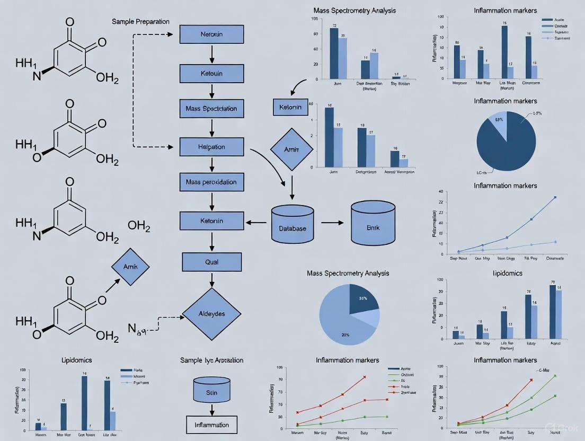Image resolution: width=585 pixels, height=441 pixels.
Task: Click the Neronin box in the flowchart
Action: [211, 34]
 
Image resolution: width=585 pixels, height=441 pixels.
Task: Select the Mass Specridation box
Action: [211, 109]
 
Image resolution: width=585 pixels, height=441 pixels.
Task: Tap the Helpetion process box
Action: [211, 147]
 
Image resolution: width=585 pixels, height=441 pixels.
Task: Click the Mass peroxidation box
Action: [211, 182]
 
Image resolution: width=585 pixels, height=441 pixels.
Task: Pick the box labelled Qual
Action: [211, 262]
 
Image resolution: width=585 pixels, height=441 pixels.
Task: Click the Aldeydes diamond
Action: [211, 314]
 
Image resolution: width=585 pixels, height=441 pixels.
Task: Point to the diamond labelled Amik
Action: [130, 267]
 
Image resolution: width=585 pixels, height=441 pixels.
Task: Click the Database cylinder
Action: [292, 225]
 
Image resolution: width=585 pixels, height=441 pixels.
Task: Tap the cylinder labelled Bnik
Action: [373, 225]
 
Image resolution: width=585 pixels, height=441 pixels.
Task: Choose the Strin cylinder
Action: [211, 392]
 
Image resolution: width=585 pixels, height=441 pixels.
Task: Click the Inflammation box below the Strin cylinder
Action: [211, 425]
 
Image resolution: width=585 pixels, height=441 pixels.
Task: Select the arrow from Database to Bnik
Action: [333, 223]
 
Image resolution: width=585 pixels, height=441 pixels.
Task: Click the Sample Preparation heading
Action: [140, 22]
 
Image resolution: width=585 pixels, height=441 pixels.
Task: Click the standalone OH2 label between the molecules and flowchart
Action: [139, 227]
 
